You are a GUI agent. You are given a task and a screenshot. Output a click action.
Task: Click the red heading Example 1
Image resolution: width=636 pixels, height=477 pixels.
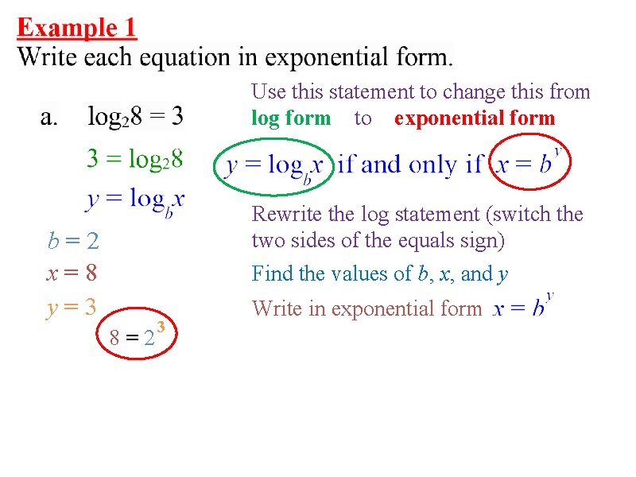click(77, 29)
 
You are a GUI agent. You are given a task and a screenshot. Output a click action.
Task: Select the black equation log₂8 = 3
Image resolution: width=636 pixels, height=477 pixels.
click(135, 118)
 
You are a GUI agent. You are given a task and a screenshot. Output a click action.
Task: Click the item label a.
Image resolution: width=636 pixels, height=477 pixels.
click(49, 118)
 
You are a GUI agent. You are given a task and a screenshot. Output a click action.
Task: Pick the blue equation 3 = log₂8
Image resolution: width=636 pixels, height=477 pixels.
click(134, 160)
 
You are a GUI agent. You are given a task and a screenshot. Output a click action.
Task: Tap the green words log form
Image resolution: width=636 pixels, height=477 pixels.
click(291, 118)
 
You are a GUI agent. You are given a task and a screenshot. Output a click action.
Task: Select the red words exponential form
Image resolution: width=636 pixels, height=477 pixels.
click(475, 118)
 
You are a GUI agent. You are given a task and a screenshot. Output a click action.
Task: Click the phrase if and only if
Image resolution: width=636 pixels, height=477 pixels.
click(409, 165)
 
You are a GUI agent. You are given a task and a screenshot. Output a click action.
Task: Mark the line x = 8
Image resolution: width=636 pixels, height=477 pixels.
click(72, 273)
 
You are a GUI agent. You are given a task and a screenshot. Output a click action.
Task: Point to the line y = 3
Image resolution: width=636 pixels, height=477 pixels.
click(72, 307)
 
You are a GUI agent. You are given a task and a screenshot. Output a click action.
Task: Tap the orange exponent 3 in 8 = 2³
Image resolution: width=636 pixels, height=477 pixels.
click(161, 327)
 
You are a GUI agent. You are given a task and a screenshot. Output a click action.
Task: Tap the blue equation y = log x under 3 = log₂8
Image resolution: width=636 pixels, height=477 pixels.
click(135, 200)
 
